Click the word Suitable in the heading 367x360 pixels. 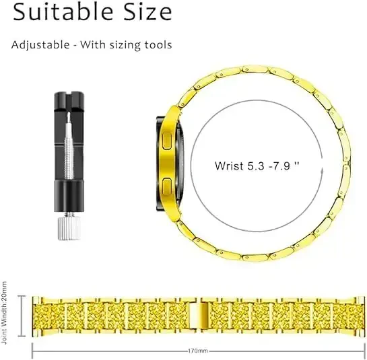pos(61,12)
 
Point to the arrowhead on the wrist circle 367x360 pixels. pos(323,170)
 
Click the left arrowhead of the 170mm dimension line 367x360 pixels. pos(34,350)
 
